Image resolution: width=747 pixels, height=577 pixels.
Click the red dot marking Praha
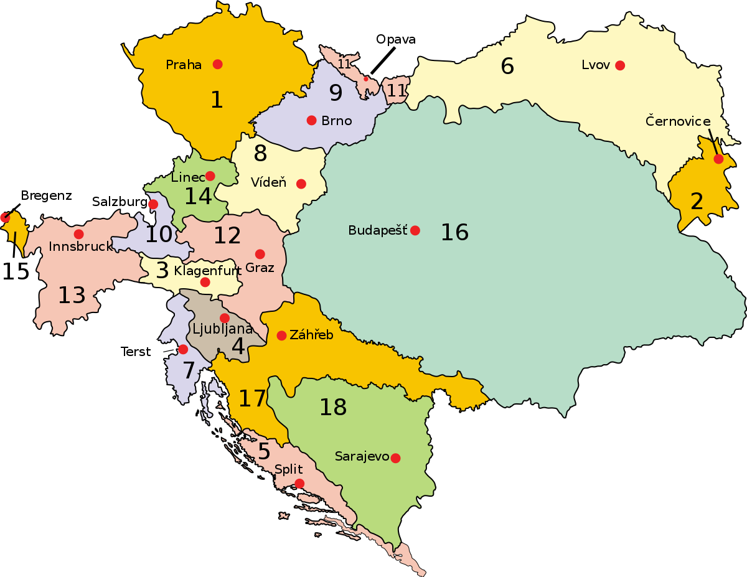click(x=217, y=64)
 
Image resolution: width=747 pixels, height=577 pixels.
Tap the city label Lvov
click(x=596, y=65)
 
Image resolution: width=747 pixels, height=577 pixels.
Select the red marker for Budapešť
click(x=415, y=230)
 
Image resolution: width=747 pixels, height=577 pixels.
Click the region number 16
click(x=454, y=232)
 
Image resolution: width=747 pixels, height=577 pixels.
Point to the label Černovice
click(x=678, y=121)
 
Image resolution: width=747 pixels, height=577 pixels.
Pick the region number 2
click(x=697, y=201)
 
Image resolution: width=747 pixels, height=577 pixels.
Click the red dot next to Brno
click(x=311, y=120)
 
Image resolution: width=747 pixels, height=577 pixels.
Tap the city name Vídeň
click(x=268, y=183)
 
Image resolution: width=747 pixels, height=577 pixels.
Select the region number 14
click(x=198, y=196)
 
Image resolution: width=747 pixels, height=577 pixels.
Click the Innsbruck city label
click(x=80, y=246)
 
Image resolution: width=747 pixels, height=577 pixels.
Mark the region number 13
click(x=72, y=295)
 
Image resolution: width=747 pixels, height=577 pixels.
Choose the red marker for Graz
click(x=260, y=254)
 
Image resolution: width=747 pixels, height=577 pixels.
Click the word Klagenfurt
click(x=199, y=271)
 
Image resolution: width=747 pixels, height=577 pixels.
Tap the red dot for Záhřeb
click(x=281, y=335)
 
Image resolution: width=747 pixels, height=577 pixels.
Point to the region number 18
click(x=333, y=407)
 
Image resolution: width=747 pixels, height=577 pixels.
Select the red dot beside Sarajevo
click(x=395, y=458)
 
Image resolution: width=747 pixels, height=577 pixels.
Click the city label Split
click(x=289, y=469)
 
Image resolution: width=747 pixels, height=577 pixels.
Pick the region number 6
click(x=507, y=66)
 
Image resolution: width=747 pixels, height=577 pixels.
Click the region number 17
click(x=252, y=399)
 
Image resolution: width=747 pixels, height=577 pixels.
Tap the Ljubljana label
click(x=222, y=329)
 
